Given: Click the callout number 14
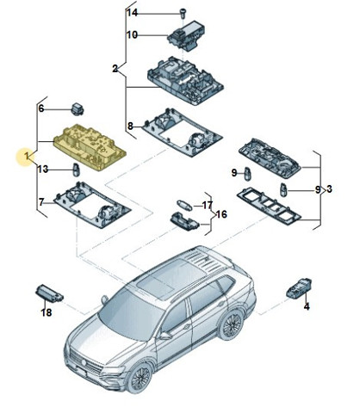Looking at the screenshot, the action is click(133, 13).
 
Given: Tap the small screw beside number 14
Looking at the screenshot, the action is click(183, 13).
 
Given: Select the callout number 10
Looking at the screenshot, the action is click(132, 35).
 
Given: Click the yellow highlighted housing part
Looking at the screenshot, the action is click(90, 147).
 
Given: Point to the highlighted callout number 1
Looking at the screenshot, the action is click(27, 157).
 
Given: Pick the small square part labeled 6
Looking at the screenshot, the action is click(78, 108).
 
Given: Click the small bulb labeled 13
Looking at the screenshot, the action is click(77, 170).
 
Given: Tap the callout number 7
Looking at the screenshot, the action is click(41, 202).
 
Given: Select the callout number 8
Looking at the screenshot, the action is click(130, 126).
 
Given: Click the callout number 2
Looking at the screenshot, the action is click(115, 69).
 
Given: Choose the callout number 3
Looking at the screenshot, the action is click(329, 189).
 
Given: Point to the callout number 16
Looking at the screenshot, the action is click(221, 214).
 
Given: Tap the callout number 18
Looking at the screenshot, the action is click(47, 312).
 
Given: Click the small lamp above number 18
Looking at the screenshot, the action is click(49, 293).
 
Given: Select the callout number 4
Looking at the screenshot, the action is click(307, 306).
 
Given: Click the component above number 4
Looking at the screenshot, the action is click(299, 287).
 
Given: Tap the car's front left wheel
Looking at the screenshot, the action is click(140, 377).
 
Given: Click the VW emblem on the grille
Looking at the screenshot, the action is click(85, 363).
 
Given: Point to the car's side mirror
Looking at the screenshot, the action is click(165, 336).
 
